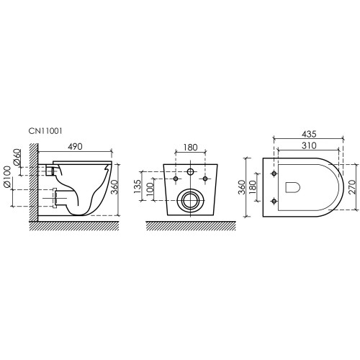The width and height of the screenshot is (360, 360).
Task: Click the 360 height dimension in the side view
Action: click(124, 186)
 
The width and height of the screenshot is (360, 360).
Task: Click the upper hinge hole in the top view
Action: click(274, 173)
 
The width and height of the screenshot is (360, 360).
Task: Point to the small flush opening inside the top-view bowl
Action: click(294, 187)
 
